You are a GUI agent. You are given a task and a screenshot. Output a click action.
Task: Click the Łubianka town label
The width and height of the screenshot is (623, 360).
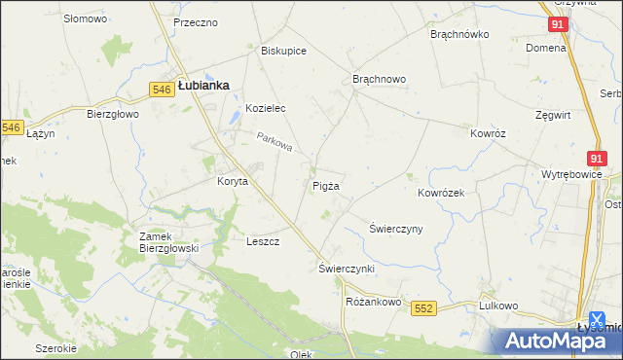203,86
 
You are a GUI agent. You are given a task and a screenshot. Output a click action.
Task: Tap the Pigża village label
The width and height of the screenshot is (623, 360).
326,185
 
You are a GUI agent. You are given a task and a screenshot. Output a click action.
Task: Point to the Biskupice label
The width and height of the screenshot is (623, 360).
284,51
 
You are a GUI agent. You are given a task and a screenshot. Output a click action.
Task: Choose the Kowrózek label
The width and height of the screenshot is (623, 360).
441,193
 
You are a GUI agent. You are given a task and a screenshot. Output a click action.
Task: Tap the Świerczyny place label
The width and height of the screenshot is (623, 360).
395,230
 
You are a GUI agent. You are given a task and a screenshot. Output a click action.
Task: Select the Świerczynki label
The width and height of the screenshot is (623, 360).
347,268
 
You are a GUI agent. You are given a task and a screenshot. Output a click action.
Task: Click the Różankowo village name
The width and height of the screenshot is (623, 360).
374,302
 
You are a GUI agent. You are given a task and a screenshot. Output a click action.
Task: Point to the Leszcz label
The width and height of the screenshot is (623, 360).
264,241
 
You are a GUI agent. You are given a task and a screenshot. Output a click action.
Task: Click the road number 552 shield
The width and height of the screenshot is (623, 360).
422,307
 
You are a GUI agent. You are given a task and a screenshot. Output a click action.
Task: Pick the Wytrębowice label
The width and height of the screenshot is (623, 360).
571,175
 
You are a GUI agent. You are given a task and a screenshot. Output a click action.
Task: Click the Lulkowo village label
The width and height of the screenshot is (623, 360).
496,305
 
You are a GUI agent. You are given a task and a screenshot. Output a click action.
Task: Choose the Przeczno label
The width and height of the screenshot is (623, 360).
195,22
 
